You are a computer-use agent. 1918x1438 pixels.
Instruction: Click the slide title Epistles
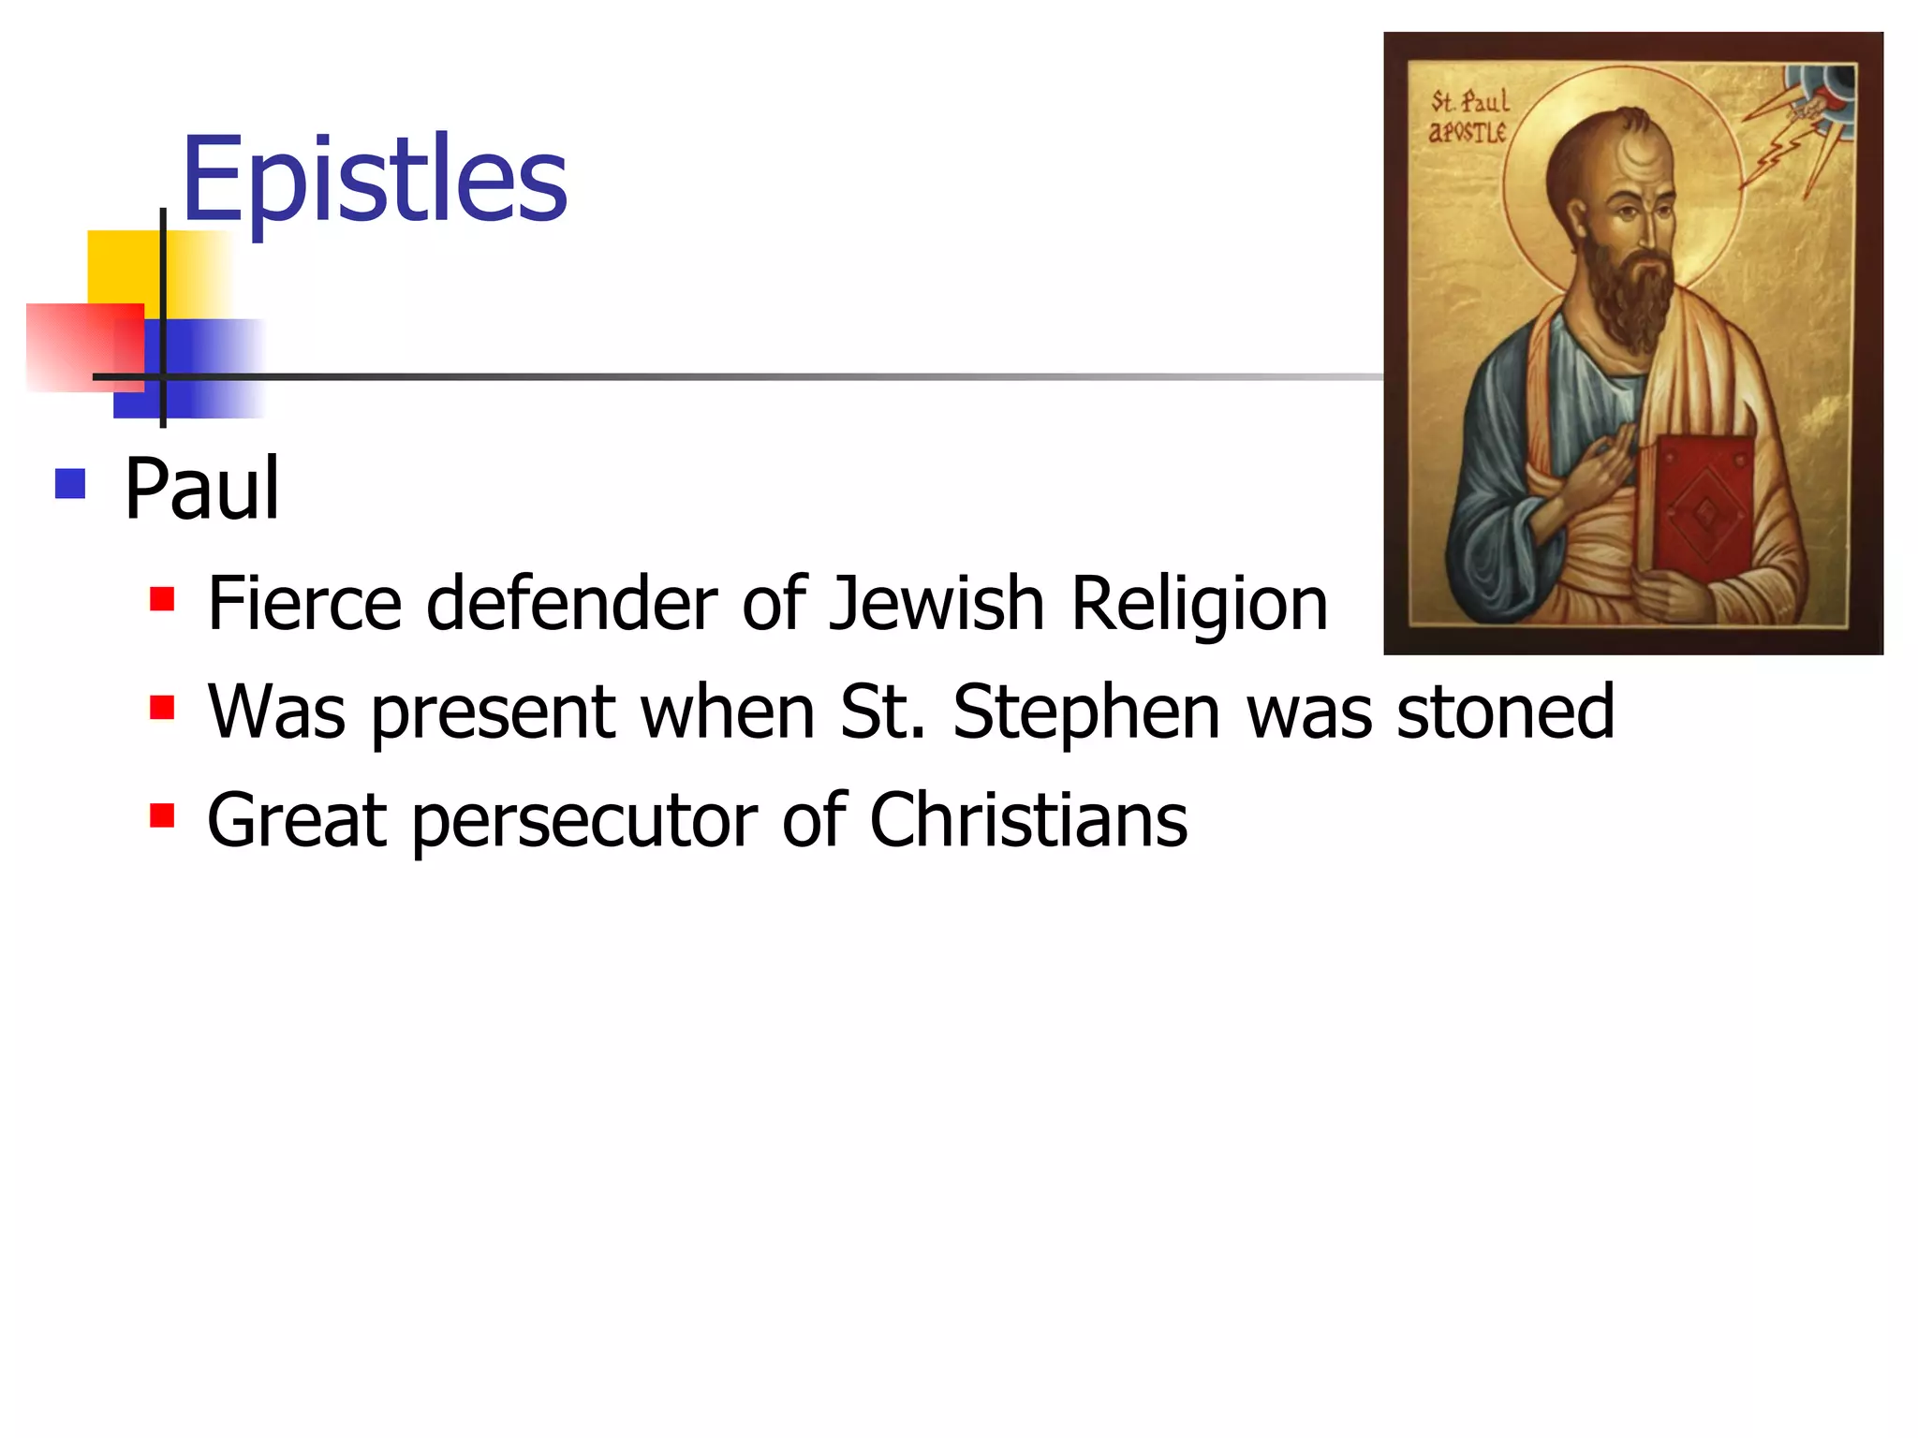(375, 179)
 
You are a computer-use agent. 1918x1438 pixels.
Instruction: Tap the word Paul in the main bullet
(201, 488)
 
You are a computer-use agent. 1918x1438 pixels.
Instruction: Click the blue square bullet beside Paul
(70, 484)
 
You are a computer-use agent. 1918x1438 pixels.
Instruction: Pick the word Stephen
(1086, 712)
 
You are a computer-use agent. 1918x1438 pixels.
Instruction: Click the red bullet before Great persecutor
(162, 815)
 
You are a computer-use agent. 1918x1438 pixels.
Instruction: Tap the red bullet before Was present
(162, 707)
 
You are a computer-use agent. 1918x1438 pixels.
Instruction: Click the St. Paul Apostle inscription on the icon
(1468, 116)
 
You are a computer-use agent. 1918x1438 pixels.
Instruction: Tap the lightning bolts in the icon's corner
(1784, 140)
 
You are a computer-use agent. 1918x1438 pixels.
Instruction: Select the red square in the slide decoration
(80, 346)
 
